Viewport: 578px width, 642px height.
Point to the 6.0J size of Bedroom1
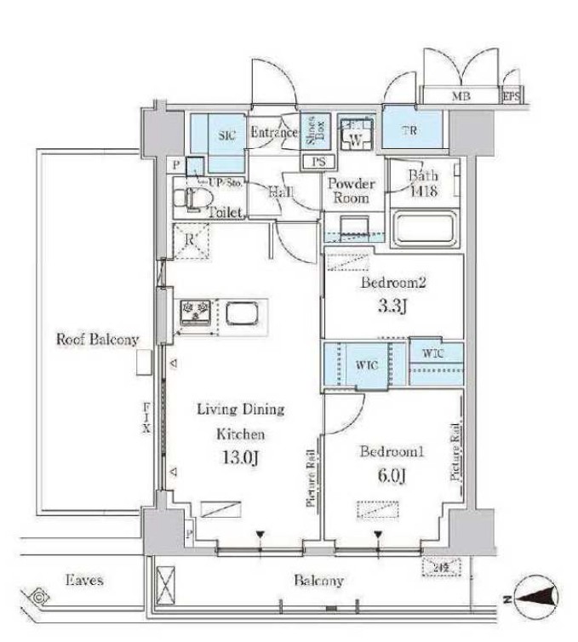tap(381, 471)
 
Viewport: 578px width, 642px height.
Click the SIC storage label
tap(226, 135)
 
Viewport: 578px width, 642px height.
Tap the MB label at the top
tap(459, 96)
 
